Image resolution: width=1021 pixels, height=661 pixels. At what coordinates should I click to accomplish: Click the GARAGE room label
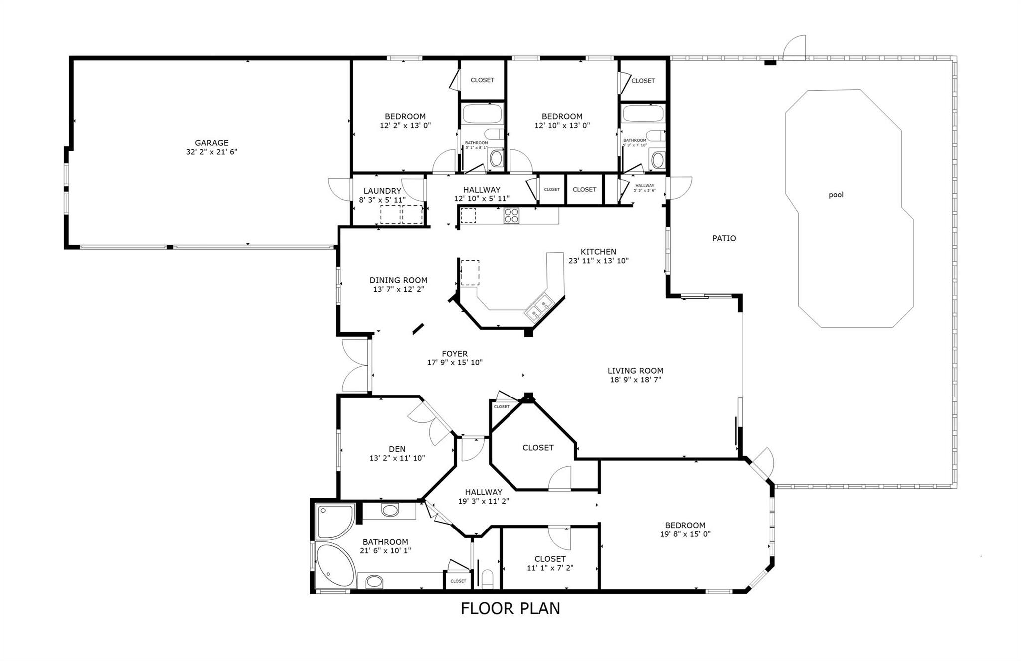211,143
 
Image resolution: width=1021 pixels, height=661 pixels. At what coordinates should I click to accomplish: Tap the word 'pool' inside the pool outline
836,195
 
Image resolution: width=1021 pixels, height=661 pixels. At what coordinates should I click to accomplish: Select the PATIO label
724,238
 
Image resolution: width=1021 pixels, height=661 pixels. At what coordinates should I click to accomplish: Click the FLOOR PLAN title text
510,608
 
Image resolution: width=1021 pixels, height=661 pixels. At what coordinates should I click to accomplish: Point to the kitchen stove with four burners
511,215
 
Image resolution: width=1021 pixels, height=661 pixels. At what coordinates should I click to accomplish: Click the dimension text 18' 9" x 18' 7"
635,380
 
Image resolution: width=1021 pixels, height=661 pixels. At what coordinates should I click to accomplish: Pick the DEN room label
397,449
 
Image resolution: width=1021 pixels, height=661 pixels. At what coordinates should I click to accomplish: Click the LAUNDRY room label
382,191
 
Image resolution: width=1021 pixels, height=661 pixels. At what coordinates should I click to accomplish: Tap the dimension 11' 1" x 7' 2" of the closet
550,568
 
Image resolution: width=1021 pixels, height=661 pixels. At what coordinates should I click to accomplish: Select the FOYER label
454,354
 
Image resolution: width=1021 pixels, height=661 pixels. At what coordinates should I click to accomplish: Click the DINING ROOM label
398,280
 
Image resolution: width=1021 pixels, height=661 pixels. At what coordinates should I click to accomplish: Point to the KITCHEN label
598,252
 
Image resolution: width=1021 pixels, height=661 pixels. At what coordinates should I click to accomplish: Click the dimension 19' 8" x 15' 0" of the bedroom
685,534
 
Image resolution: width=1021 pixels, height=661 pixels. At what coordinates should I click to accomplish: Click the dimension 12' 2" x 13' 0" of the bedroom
405,126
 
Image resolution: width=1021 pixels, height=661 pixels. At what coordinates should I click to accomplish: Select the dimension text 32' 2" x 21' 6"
211,152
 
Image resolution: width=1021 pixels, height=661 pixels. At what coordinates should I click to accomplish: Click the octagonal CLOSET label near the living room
538,448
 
